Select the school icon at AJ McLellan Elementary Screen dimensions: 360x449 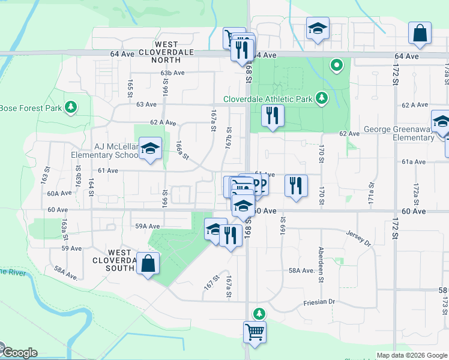point(149,148)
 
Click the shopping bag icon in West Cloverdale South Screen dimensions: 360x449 point(148,263)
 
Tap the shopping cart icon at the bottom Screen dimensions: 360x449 point(255,332)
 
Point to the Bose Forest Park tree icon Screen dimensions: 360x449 point(71,107)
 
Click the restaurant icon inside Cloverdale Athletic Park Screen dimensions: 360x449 point(273,115)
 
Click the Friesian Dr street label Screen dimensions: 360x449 point(318,303)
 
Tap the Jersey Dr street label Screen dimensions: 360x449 point(359,238)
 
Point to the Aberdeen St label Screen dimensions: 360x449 point(322,264)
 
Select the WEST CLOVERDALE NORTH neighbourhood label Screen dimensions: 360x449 point(166,52)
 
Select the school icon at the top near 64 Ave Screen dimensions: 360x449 point(318,28)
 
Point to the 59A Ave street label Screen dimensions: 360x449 point(147,226)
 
